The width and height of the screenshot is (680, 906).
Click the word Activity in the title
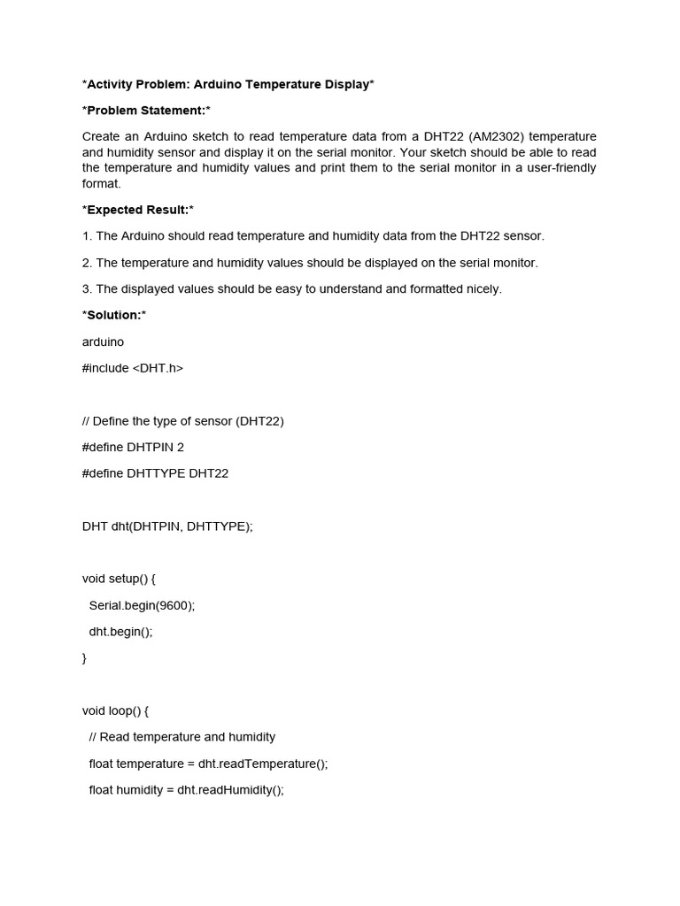click(x=112, y=84)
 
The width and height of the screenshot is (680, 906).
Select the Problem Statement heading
click(x=146, y=111)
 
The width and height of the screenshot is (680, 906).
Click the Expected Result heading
click(x=137, y=210)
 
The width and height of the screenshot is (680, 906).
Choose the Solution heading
click(x=114, y=315)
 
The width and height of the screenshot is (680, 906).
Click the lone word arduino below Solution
click(x=103, y=342)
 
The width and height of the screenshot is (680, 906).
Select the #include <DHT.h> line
click(x=133, y=368)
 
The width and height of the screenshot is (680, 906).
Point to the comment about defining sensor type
click(x=183, y=421)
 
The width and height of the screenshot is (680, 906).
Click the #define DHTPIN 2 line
click(x=133, y=447)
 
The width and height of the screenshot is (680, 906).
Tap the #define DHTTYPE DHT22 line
click(x=155, y=473)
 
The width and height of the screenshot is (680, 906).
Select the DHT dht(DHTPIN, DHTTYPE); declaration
click(x=167, y=526)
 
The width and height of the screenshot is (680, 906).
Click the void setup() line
click(x=119, y=579)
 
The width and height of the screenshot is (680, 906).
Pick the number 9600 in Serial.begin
click(x=174, y=605)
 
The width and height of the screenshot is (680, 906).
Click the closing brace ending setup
click(x=85, y=658)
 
